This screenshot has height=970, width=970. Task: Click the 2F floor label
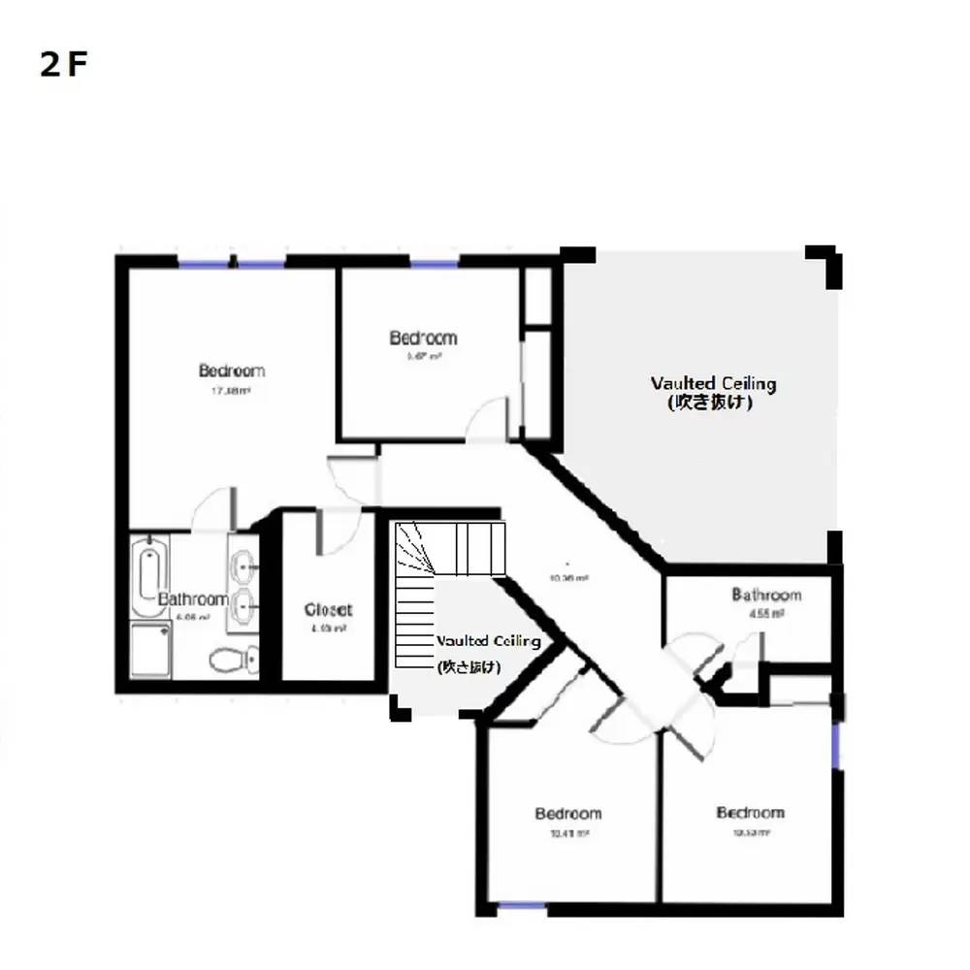click(64, 65)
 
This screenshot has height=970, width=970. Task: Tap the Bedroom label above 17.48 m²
click(232, 371)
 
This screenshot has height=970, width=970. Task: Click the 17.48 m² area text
click(232, 391)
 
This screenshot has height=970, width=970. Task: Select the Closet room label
click(328, 610)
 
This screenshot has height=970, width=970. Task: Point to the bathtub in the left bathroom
click(147, 571)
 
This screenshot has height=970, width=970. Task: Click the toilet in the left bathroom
click(230, 661)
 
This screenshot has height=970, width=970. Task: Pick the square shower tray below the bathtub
click(150, 652)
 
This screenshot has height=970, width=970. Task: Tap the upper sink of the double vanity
click(242, 562)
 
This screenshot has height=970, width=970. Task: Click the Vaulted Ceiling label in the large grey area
click(713, 383)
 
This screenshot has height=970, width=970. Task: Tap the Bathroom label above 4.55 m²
click(766, 595)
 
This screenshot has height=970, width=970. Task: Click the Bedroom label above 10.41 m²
click(568, 813)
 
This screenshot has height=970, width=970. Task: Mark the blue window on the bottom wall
click(521, 907)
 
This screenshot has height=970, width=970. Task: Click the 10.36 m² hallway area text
click(569, 578)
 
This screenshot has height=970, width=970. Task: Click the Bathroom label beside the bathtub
click(193, 599)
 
